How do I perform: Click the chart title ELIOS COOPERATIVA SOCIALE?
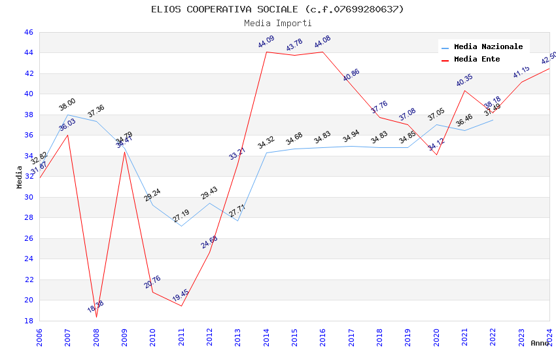(x=277, y=9)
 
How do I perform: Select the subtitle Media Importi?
(x=277, y=23)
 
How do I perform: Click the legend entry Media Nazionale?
(x=488, y=47)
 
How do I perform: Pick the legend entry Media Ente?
(x=476, y=60)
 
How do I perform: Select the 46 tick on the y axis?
(x=28, y=32)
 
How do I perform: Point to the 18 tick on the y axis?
(x=28, y=321)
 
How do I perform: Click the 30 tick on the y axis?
(x=28, y=197)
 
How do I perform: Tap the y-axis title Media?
(x=20, y=177)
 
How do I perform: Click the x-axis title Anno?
(x=540, y=343)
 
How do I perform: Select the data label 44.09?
(x=266, y=43)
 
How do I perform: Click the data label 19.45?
(x=181, y=296)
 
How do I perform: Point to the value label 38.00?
(x=67, y=105)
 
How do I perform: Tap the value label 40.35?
(x=464, y=81)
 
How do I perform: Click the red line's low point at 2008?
(x=96, y=317)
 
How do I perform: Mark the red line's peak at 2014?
(x=266, y=52)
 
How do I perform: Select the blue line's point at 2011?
(x=181, y=226)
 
